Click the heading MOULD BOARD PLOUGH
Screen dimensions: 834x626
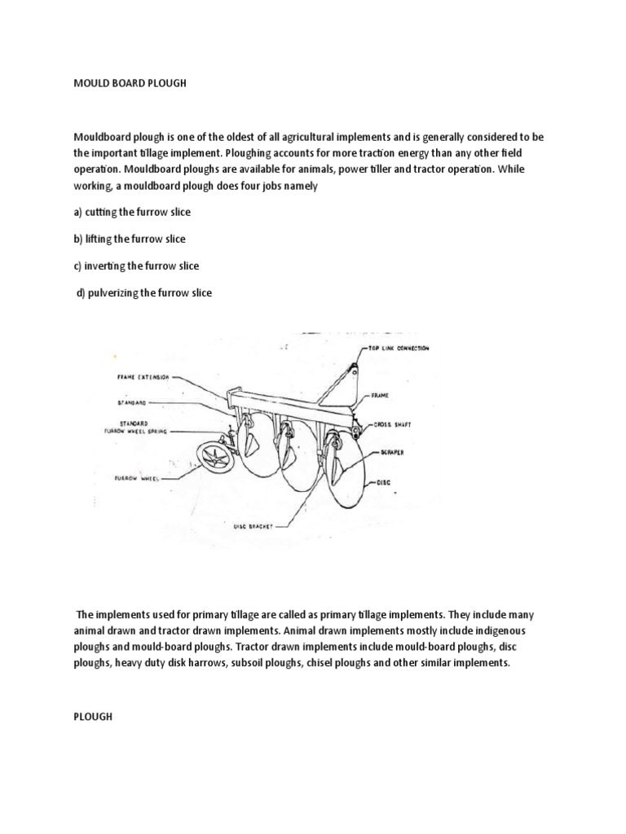click(130, 84)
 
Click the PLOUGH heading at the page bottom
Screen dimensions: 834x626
click(92, 716)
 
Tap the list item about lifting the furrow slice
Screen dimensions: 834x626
click(130, 239)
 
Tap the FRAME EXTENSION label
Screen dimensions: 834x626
click(143, 378)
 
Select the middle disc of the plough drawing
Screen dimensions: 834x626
click(286, 452)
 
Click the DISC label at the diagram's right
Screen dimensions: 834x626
click(382, 482)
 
